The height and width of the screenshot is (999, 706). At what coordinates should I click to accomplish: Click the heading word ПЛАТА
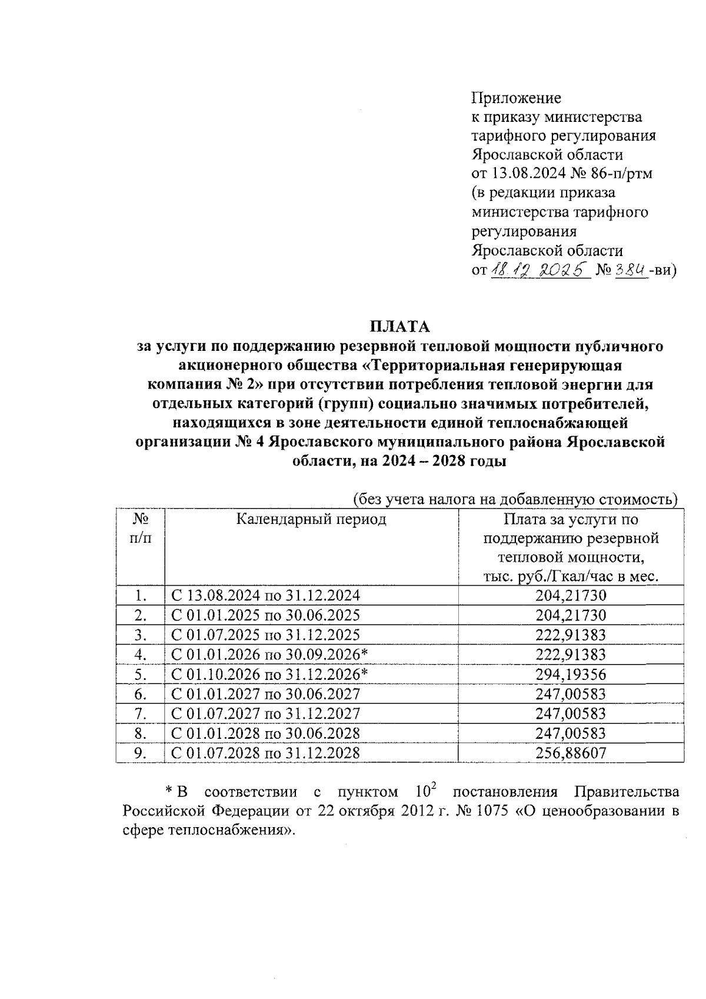pyautogui.click(x=399, y=326)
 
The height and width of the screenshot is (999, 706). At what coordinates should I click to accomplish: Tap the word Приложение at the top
pyautogui.click(x=517, y=98)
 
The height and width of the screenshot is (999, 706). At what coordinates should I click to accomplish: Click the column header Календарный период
pyautogui.click(x=311, y=519)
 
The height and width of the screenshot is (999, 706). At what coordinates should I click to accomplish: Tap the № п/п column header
pyautogui.click(x=140, y=529)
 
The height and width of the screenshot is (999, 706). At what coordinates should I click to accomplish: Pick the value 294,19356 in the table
pyautogui.click(x=570, y=674)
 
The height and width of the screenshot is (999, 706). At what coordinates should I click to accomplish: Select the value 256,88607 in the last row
pyautogui.click(x=570, y=753)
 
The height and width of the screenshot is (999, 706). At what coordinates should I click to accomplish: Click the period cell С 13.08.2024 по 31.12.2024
pyautogui.click(x=265, y=595)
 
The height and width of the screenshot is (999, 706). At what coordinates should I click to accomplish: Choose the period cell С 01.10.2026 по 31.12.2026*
pyautogui.click(x=270, y=674)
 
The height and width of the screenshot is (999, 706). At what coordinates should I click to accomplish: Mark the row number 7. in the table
pyautogui.click(x=140, y=713)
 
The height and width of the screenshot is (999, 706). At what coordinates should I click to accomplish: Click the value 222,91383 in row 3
pyautogui.click(x=570, y=635)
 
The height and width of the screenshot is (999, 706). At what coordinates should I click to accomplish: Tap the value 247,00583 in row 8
pyautogui.click(x=570, y=734)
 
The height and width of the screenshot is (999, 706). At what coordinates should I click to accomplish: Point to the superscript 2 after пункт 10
pyautogui.click(x=434, y=786)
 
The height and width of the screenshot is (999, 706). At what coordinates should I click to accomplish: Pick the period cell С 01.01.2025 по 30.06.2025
pyautogui.click(x=265, y=615)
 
